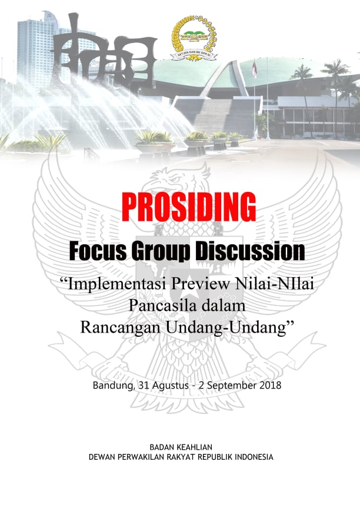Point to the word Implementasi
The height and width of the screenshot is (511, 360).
click(116, 284)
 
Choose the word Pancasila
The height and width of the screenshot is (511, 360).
click(159, 306)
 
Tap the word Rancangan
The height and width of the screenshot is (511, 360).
click(121, 327)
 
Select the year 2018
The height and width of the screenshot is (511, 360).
click(271, 385)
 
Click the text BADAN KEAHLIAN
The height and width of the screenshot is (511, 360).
click(181, 447)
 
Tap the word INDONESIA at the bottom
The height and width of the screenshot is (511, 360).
click(254, 457)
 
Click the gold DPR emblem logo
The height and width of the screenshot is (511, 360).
click(194, 38)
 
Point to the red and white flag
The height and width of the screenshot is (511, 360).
click(255, 69)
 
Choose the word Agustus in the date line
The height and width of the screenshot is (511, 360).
click(171, 386)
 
